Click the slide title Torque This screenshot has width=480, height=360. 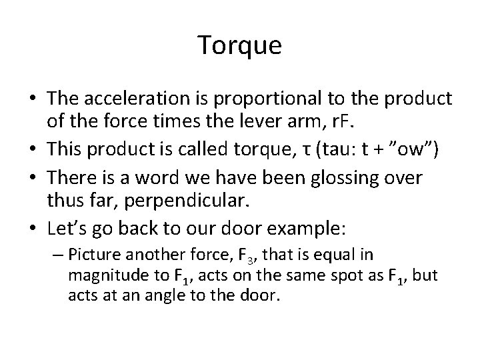click(240, 45)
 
